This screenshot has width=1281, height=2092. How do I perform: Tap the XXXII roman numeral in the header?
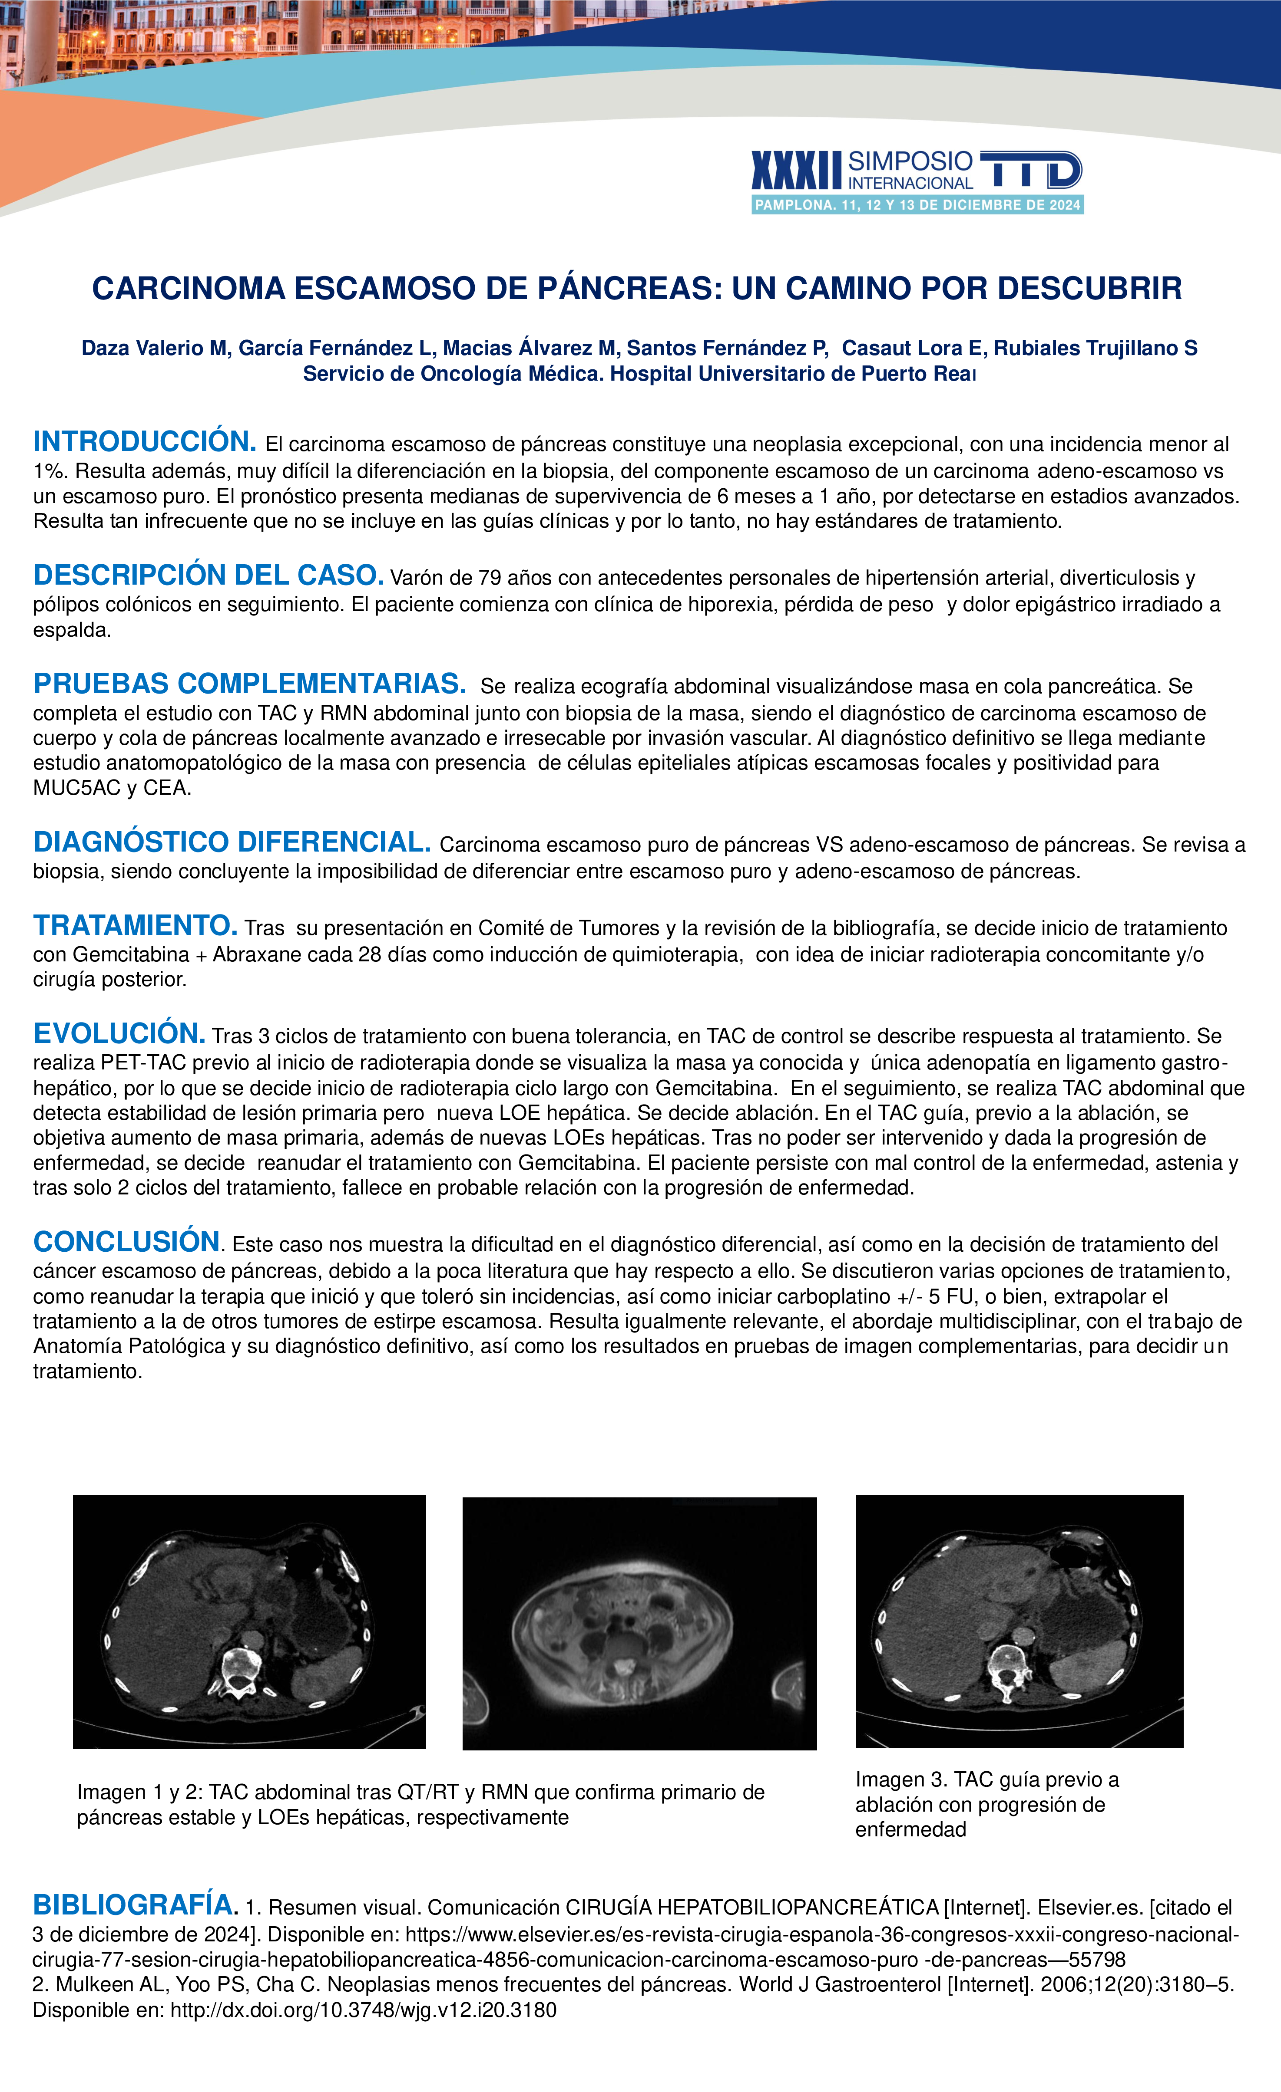point(796,171)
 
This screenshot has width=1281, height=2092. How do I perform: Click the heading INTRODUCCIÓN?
point(144,441)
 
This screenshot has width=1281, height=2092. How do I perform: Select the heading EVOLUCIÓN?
point(119,1033)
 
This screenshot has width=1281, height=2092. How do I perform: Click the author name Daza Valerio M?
point(156,348)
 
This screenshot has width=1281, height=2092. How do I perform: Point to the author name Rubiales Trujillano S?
point(1096,348)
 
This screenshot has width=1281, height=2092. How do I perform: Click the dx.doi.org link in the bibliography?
point(364,2010)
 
